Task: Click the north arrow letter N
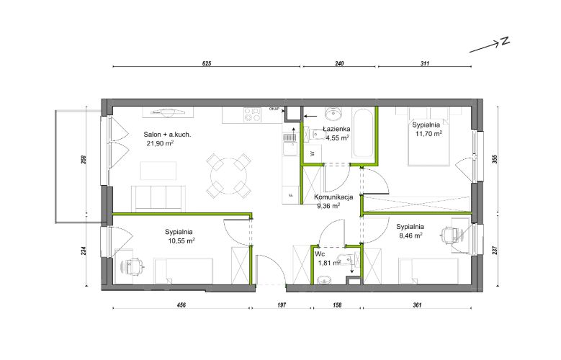point(505,41)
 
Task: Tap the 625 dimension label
point(207,63)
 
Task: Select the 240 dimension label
point(339,63)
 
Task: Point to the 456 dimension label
point(181,305)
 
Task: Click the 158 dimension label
point(337,305)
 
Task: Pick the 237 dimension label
point(495,250)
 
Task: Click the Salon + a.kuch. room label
point(167,135)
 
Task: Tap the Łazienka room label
point(336,129)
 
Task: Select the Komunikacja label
point(333,197)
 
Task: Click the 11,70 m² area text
point(428,134)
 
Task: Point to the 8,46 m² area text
point(410,235)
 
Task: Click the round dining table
point(228,176)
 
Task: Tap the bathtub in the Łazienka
point(363,133)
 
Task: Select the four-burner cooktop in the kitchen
point(252,115)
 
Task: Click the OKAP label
point(274,109)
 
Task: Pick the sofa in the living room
point(158,199)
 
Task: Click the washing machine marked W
point(312,153)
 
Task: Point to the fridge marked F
point(290,195)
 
